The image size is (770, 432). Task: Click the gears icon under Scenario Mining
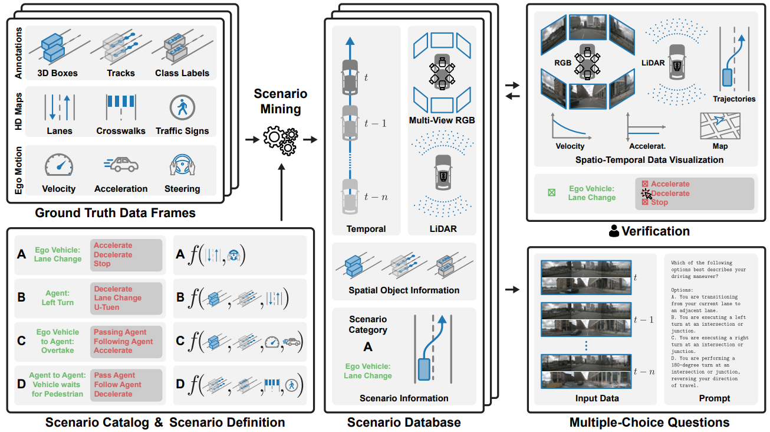(281, 140)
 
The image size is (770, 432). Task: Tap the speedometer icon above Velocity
(59, 165)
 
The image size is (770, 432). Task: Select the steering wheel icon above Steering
(182, 165)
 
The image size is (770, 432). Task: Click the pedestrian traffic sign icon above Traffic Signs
(182, 107)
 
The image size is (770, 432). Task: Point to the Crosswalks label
(121, 131)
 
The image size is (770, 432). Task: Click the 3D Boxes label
(57, 73)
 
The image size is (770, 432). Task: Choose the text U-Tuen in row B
(107, 307)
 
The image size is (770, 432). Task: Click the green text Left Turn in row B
(58, 302)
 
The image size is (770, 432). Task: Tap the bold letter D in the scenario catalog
(21, 384)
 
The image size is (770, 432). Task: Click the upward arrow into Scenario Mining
(282, 192)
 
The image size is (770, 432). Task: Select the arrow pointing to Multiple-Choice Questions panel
(512, 290)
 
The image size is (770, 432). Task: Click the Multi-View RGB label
(442, 120)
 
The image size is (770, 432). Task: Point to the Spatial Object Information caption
(404, 290)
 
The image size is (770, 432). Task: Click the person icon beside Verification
(614, 231)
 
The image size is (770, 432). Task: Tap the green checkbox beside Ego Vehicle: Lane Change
(551, 192)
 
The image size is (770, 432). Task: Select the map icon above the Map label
(720, 126)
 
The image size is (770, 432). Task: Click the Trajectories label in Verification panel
(734, 99)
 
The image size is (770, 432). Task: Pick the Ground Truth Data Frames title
(115, 212)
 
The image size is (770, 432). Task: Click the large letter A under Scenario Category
(368, 346)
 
